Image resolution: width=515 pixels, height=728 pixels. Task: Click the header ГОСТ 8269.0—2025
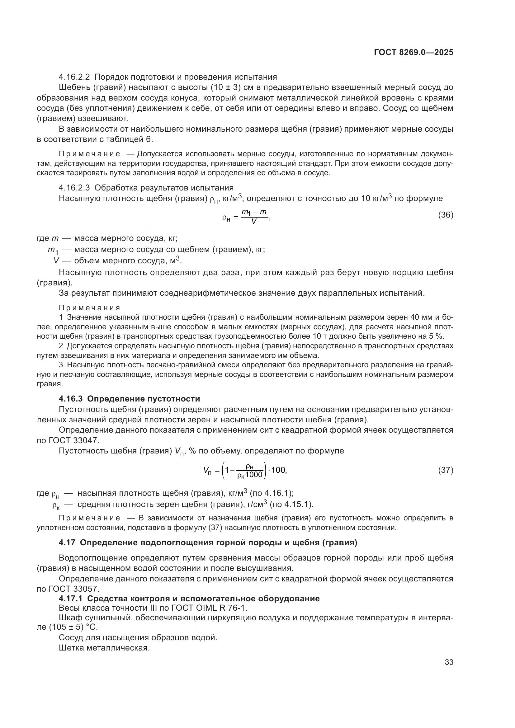413,53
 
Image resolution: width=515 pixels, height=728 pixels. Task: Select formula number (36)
446,215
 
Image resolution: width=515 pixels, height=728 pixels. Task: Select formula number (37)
446,470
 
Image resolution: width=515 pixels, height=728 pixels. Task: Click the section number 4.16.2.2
74,77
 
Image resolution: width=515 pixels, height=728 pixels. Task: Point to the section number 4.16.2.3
74,188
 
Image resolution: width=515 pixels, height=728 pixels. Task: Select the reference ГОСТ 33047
74,440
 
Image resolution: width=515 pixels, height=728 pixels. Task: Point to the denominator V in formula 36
254,222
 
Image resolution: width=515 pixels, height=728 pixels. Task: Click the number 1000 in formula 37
254,475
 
